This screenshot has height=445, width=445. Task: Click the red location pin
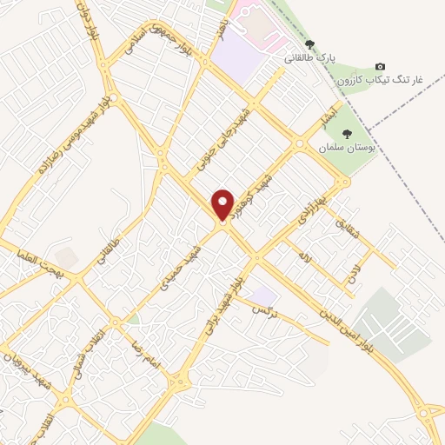(x=223, y=206)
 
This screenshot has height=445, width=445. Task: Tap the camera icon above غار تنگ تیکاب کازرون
(x=380, y=67)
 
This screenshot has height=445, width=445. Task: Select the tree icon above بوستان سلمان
(x=347, y=134)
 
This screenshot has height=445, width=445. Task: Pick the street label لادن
(x=353, y=276)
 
